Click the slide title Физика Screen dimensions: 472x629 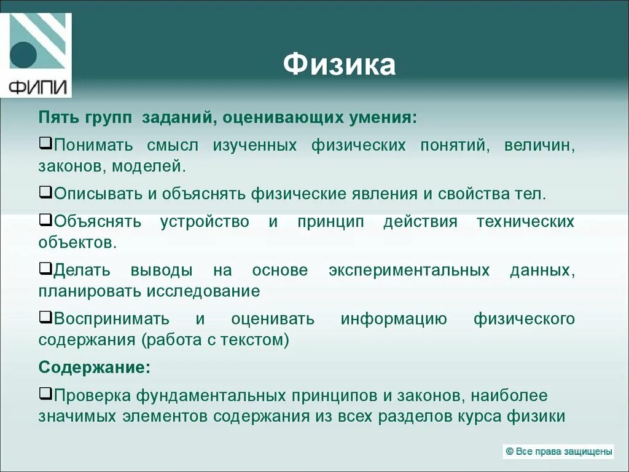point(339,65)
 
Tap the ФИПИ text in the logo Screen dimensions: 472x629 point(39,87)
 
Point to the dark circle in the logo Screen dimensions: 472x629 point(23,55)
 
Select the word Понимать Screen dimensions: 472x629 point(93,146)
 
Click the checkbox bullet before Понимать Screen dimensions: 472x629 point(45,144)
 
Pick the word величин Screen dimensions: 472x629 point(539,146)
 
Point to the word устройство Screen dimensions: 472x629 point(205,221)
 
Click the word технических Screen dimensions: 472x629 point(525,221)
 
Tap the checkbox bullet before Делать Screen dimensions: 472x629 point(45,269)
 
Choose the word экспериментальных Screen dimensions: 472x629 point(408,270)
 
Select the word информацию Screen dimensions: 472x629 point(394,318)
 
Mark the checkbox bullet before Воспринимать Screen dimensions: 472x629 point(45,317)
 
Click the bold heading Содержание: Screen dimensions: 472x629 point(95,368)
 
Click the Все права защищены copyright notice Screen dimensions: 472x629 point(558,452)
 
